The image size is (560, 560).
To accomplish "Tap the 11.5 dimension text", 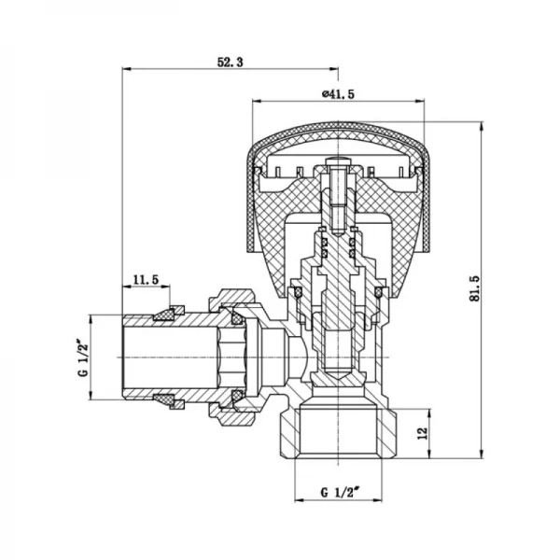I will point(147,279).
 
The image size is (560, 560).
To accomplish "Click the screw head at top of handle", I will point(337,168).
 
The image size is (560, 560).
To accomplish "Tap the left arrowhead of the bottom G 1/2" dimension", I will point(297,500).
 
